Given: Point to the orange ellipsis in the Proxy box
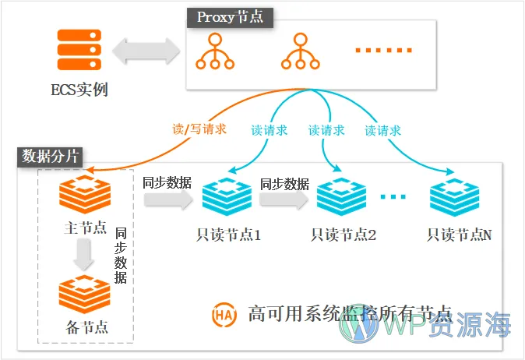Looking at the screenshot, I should (383, 50).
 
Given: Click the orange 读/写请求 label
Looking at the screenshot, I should (199, 129).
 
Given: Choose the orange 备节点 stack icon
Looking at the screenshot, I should (84, 292).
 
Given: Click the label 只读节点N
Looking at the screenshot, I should (459, 233).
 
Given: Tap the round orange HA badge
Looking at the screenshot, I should (223, 316).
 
